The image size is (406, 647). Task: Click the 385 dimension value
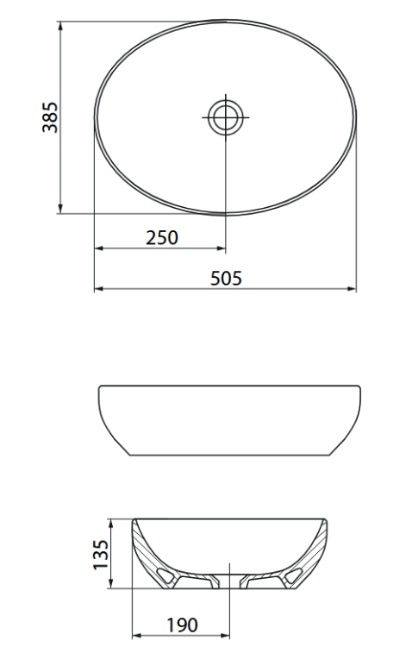coord(49,116)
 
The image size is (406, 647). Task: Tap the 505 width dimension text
coord(226,278)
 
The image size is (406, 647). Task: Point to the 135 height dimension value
coord(101,555)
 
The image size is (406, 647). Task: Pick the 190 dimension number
coord(180,625)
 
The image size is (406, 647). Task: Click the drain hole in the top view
coord(226,116)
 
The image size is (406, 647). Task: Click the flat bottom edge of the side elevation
coord(228,455)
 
